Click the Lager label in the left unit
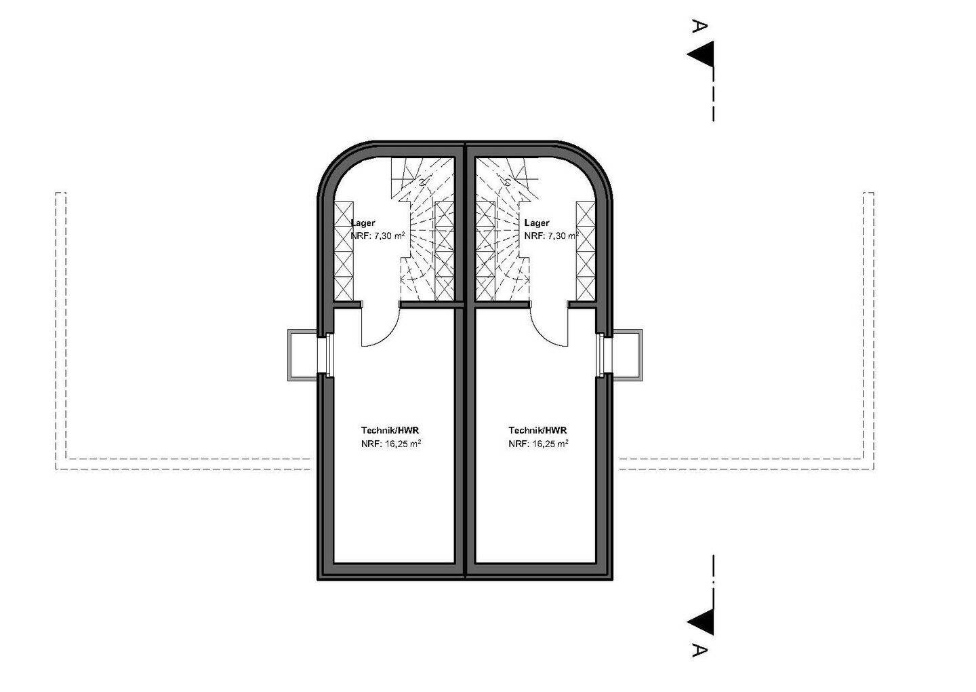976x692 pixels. [x=363, y=223]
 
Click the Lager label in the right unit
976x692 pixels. [x=537, y=223]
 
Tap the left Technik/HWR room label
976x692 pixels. [x=390, y=431]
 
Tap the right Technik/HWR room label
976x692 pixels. [x=537, y=431]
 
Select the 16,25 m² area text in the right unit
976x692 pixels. [x=550, y=444]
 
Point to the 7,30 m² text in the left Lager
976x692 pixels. [x=390, y=236]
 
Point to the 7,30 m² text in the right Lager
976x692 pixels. [x=563, y=236]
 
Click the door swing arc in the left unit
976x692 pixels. [x=388, y=335]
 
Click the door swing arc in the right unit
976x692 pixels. [x=542, y=335]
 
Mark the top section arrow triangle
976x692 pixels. [x=701, y=54]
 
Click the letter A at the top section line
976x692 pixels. [x=699, y=26]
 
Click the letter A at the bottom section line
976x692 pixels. [x=699, y=664]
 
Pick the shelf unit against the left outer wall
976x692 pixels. [x=344, y=251]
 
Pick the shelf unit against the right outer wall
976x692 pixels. [x=586, y=251]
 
